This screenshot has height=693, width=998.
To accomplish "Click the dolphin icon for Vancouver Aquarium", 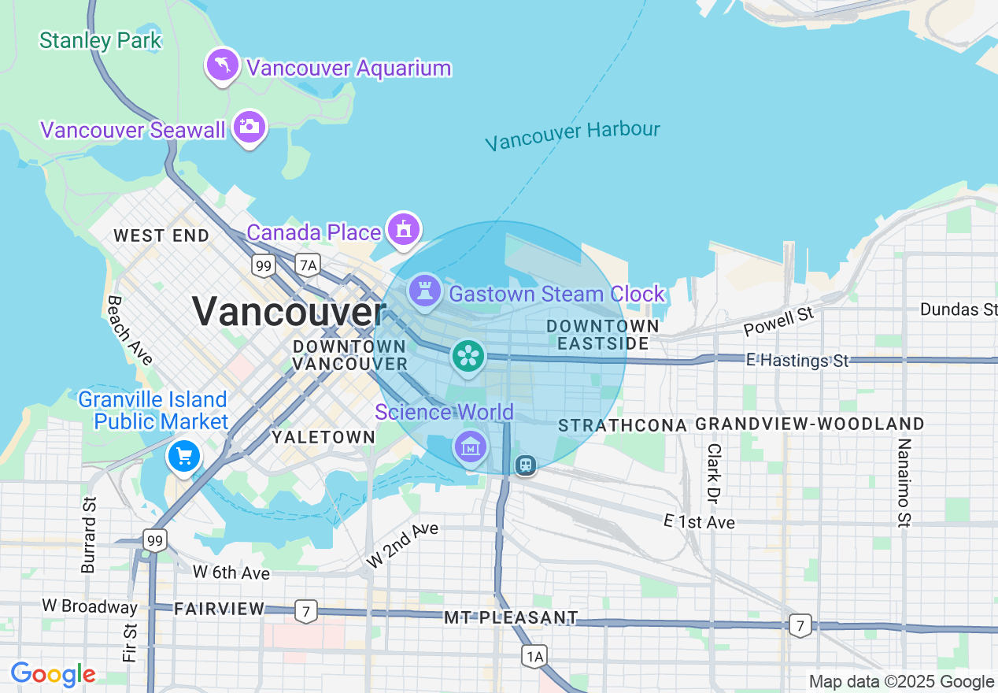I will tap(223, 65).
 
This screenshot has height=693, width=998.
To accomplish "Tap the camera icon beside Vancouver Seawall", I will tap(249, 127).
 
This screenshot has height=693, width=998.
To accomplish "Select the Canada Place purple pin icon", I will tap(404, 230).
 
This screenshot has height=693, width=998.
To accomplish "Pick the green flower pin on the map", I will tap(468, 357).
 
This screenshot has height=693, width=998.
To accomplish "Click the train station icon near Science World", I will tap(526, 465).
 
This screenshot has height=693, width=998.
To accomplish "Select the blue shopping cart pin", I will tap(184, 456).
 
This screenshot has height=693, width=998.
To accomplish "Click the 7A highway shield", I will tap(308, 265).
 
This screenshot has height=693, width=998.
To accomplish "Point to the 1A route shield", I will tap(534, 655).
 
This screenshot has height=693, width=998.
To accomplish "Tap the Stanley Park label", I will tap(101, 40).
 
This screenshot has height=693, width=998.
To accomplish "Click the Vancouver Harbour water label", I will tap(572, 135).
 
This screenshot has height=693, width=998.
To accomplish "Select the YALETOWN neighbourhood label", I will tap(323, 437).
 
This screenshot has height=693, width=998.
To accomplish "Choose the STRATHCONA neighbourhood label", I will tap(623, 425).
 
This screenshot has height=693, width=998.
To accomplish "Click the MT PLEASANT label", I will tap(511, 618).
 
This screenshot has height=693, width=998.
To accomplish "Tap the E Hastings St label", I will tap(797, 361).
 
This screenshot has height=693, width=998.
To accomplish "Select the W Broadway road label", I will tap(90, 607).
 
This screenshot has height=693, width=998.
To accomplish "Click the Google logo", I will tap(53, 675).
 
